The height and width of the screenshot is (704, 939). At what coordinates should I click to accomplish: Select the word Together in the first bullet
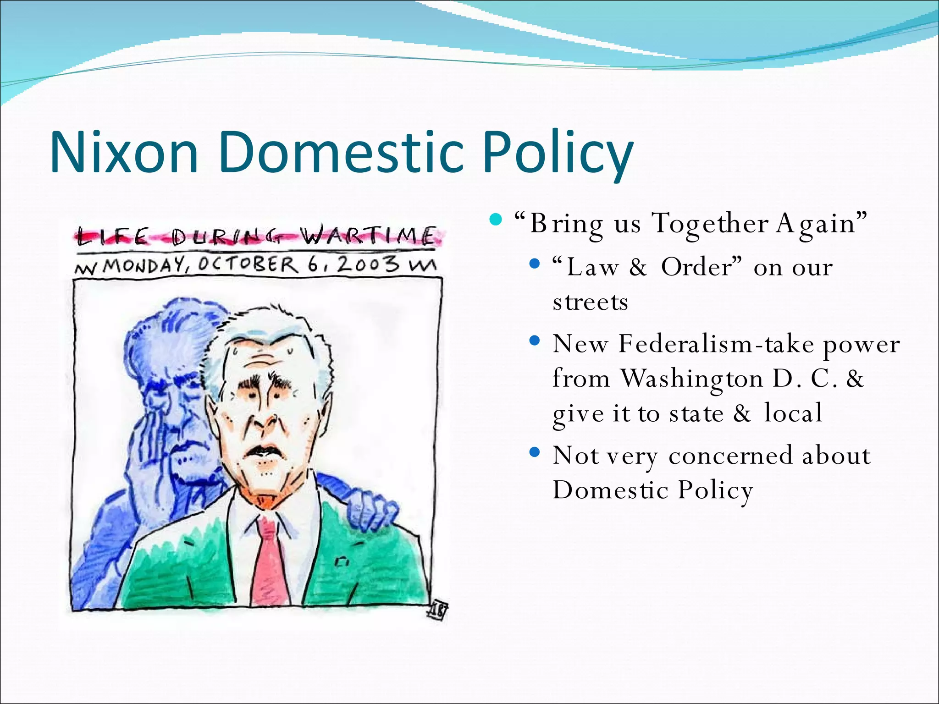tap(710, 224)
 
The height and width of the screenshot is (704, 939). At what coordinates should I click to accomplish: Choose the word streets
tap(590, 302)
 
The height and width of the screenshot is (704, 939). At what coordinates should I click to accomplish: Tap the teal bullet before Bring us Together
tap(496, 220)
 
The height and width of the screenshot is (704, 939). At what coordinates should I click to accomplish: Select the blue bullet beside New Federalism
tap(535, 341)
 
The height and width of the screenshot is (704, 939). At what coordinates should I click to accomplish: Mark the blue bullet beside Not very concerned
tap(535, 453)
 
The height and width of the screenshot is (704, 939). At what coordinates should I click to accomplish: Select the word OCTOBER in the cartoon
tap(248, 265)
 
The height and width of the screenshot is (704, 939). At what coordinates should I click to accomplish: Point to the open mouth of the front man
tap(260, 451)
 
